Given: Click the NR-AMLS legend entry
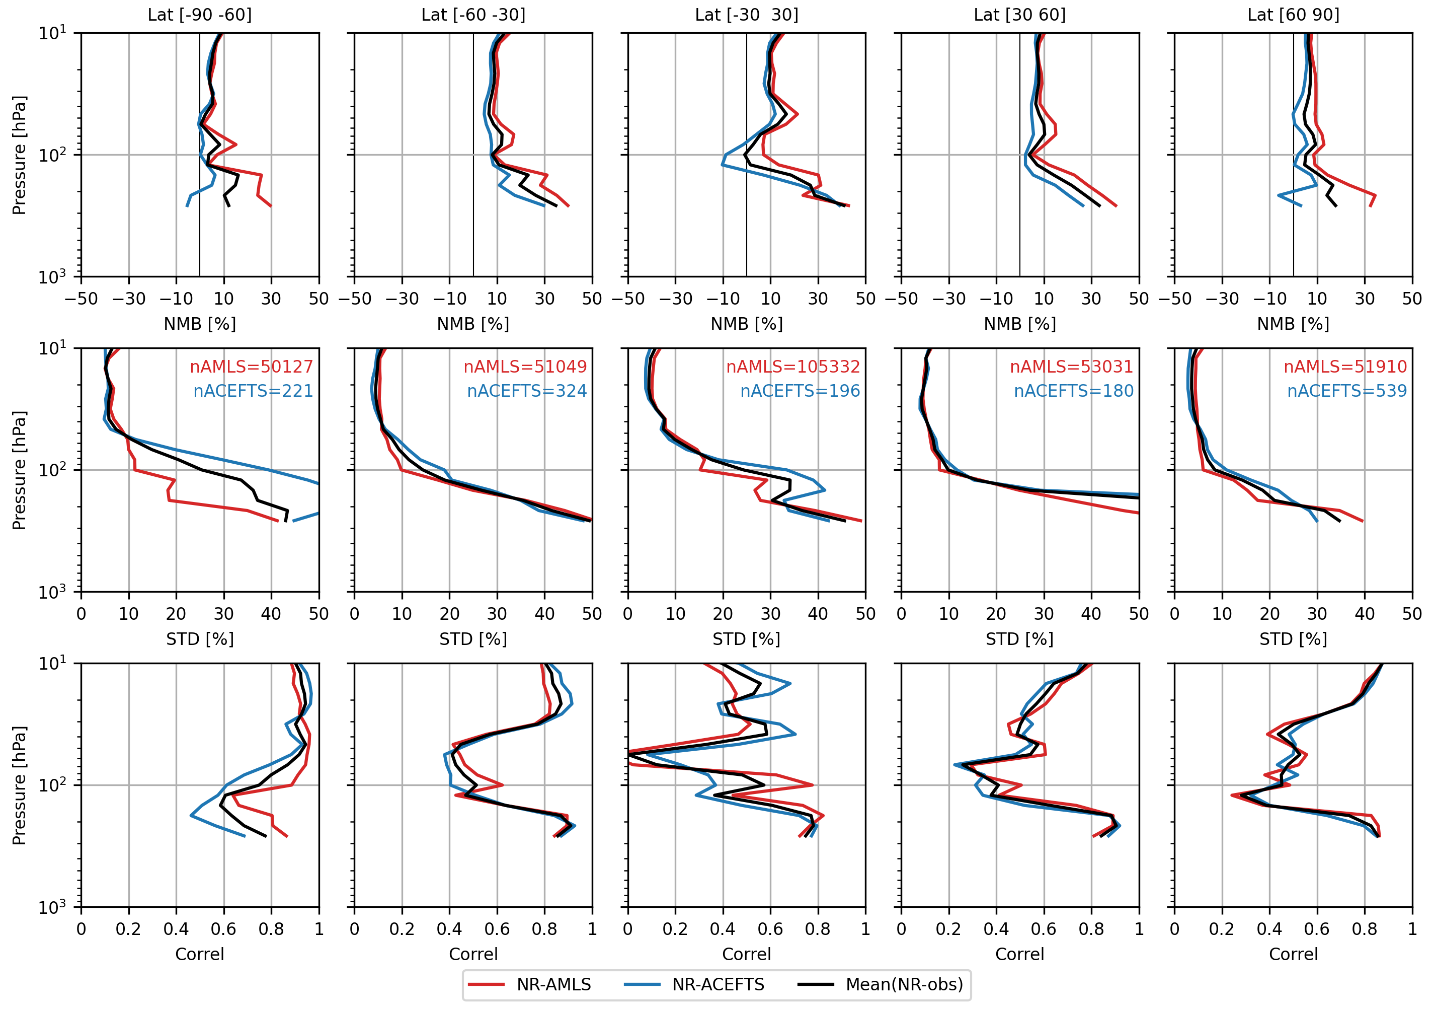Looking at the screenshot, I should [553, 984].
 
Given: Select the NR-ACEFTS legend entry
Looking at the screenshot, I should [718, 984].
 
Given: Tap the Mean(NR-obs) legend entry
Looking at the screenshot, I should [904, 984].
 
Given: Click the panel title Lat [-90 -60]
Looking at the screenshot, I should [200, 15].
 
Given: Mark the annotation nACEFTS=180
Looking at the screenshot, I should [1073, 391].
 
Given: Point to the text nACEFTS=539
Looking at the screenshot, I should [1346, 391].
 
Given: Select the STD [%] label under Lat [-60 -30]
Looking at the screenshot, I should [473, 639].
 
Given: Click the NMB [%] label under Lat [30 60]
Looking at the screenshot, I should [1020, 324].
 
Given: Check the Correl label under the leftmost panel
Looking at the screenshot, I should [200, 955].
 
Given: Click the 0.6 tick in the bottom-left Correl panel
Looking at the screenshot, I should [223, 929].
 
